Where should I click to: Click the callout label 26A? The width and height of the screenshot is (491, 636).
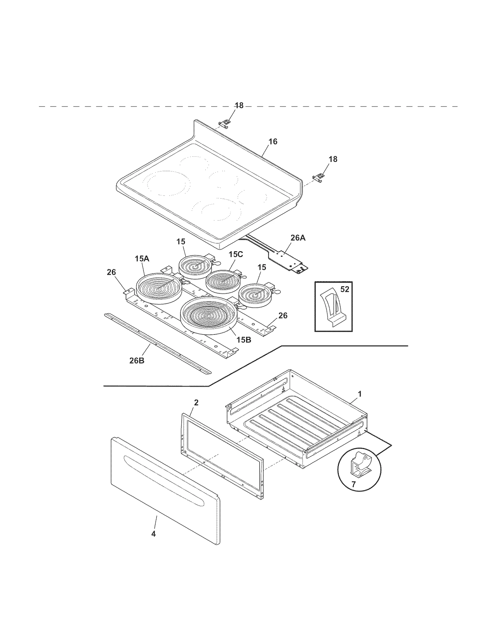pyautogui.click(x=298, y=238)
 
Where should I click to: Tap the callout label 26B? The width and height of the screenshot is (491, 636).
pyautogui.click(x=137, y=361)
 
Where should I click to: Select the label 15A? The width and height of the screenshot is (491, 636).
pyautogui.click(x=142, y=259)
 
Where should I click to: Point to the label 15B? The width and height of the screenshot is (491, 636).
pyautogui.click(x=244, y=340)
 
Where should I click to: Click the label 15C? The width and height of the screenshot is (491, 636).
pyautogui.click(x=235, y=254)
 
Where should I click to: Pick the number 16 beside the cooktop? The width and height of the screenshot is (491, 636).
pyautogui.click(x=273, y=142)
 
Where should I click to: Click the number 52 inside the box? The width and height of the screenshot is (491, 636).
pyautogui.click(x=345, y=289)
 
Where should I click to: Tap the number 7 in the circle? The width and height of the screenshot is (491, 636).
pyautogui.click(x=353, y=484)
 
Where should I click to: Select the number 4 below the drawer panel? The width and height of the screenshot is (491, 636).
pyautogui.click(x=153, y=534)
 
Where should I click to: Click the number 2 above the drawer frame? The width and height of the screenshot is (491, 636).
pyautogui.click(x=196, y=402)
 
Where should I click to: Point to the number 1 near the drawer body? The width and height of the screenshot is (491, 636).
pyautogui.click(x=360, y=394)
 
